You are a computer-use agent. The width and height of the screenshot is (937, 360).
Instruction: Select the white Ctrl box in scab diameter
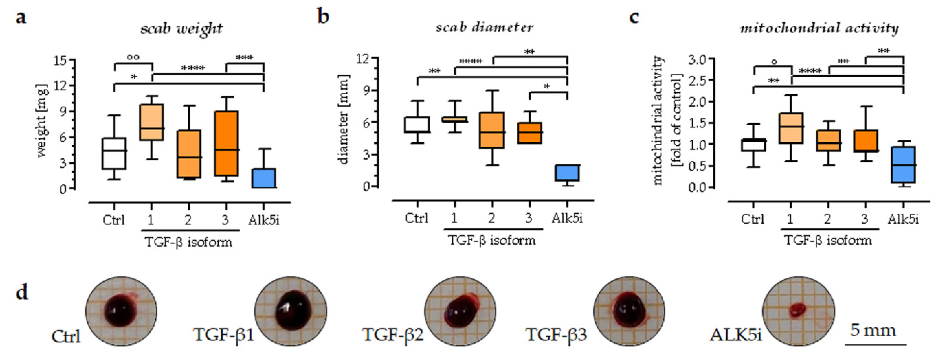pos(417,125)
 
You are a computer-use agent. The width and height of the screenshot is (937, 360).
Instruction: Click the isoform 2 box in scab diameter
pos(492,130)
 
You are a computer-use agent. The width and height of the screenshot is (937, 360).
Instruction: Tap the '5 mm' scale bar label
pos(873,331)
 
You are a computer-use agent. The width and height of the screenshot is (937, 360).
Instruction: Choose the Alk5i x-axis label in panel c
pos(903,219)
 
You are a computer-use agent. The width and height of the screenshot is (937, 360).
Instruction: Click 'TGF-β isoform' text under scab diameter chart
pos(492,241)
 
